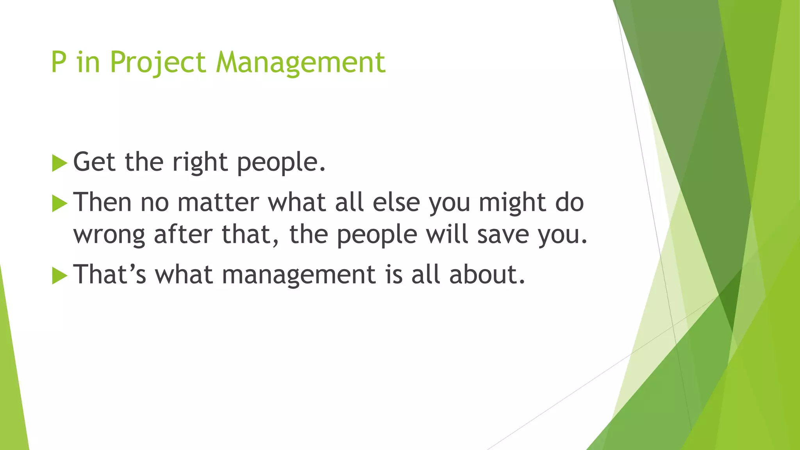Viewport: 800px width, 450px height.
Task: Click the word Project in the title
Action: click(x=157, y=62)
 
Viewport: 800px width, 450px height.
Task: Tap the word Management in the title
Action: click(x=301, y=62)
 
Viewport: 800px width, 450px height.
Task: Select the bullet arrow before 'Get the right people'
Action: click(x=59, y=163)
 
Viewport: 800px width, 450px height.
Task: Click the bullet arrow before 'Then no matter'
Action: click(x=59, y=204)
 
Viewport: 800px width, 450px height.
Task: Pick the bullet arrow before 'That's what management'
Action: click(x=59, y=276)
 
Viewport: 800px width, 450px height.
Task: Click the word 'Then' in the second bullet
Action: click(x=102, y=202)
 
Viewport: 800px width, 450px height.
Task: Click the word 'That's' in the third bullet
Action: click(x=110, y=275)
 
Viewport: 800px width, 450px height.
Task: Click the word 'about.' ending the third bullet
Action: click(x=487, y=275)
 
